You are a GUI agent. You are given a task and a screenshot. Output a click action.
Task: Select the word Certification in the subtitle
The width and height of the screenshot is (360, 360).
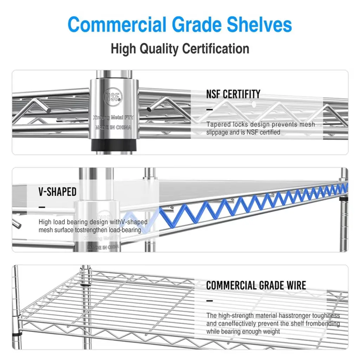(216, 49)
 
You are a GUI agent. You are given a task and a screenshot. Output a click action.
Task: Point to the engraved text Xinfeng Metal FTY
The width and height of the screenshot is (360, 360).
(113, 117)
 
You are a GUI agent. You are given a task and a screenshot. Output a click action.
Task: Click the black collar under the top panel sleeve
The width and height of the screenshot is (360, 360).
(114, 146)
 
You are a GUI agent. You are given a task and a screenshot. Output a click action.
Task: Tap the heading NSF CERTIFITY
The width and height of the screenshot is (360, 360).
(233, 94)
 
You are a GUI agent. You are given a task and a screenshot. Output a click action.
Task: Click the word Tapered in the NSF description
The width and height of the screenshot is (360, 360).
(219, 124)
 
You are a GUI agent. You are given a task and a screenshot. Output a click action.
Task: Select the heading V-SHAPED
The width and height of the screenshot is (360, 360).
(57, 192)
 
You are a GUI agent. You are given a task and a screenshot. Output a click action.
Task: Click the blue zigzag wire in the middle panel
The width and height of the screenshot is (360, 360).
(252, 204)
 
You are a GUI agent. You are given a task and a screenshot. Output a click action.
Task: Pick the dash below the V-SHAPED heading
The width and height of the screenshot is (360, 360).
(42, 207)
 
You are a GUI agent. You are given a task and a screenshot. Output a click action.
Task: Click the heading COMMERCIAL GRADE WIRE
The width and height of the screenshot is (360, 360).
(256, 285)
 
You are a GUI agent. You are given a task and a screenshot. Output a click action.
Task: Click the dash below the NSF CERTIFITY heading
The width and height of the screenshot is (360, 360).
(210, 110)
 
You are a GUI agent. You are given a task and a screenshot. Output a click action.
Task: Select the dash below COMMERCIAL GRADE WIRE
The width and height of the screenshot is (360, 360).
(210, 301)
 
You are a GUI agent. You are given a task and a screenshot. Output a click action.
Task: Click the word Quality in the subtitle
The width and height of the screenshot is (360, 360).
(159, 49)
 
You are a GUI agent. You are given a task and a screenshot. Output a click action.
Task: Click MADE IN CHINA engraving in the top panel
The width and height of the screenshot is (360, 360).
(114, 127)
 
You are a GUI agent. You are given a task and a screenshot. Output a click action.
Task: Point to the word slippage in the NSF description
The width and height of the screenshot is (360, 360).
(217, 133)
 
